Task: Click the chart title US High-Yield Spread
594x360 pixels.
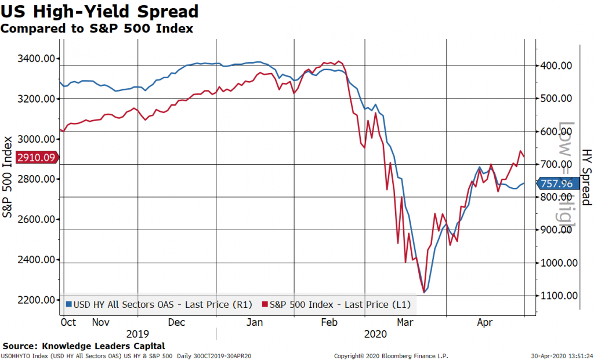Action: click(100, 11)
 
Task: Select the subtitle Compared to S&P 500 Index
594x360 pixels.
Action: click(97, 28)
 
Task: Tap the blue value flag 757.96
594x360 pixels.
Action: click(556, 184)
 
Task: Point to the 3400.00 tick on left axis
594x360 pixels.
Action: click(37, 59)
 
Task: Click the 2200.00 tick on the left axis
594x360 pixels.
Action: click(37, 300)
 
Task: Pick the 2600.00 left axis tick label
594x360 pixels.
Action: click(37, 219)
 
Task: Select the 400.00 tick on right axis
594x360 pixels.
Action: click(556, 66)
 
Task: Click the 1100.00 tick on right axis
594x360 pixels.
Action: click(558, 296)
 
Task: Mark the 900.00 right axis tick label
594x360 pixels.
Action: click(556, 230)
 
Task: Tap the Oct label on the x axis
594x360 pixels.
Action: click(68, 322)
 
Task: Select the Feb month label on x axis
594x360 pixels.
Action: click(329, 322)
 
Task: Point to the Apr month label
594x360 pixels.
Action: click(485, 322)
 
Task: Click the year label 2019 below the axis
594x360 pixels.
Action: click(137, 334)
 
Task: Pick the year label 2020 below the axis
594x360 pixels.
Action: click(376, 334)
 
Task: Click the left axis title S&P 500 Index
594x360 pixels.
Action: click(8, 177)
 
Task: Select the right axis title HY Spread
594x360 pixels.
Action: click(586, 177)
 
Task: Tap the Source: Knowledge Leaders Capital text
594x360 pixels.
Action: click(84, 346)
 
